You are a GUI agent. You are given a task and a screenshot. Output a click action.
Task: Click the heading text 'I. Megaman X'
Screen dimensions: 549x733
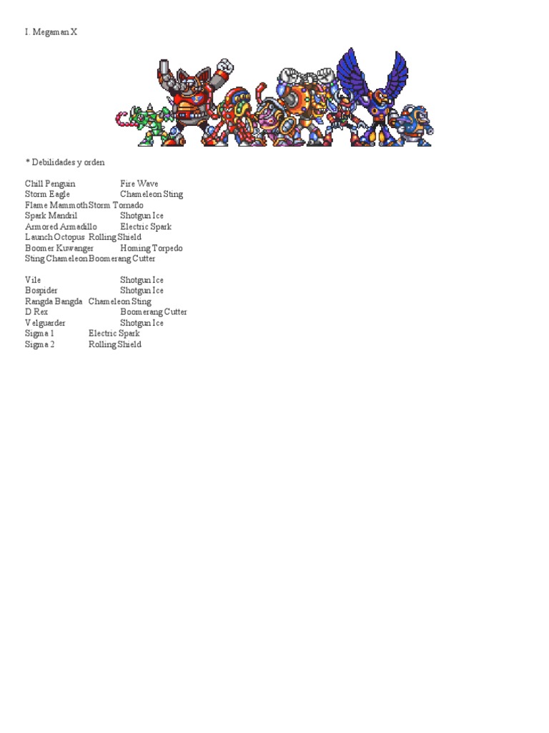click(x=51, y=32)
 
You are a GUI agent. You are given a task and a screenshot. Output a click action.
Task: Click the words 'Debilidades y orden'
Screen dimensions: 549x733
click(x=67, y=162)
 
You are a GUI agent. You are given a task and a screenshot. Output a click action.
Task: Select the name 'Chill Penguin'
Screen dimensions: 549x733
click(x=50, y=184)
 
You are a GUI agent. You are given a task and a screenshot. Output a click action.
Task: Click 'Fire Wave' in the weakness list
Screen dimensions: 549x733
click(x=139, y=184)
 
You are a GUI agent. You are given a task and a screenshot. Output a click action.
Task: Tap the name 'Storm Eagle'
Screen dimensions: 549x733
click(x=47, y=195)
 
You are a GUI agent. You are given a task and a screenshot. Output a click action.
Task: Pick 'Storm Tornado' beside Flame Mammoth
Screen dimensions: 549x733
click(x=116, y=205)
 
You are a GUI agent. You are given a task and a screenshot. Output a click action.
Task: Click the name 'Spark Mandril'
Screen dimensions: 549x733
click(x=51, y=215)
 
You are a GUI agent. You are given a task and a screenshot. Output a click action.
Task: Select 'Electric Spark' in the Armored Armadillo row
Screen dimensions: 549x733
click(x=146, y=227)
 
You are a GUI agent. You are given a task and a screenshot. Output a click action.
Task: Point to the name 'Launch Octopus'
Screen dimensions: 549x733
click(x=54, y=237)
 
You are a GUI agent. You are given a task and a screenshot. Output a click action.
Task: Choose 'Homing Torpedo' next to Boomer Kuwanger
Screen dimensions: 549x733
click(x=152, y=248)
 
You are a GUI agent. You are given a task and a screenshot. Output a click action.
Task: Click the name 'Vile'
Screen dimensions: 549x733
click(x=33, y=280)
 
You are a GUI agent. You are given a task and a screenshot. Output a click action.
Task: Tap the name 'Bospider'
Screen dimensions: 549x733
click(x=41, y=291)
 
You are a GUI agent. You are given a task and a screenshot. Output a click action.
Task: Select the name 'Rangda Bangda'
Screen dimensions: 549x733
click(x=54, y=301)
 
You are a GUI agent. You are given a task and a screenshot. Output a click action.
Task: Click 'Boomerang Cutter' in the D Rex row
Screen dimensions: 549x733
click(x=154, y=312)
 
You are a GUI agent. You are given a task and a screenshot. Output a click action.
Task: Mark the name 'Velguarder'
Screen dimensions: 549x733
click(x=45, y=323)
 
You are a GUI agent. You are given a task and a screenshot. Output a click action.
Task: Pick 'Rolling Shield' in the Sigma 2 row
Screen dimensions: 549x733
click(x=115, y=344)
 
